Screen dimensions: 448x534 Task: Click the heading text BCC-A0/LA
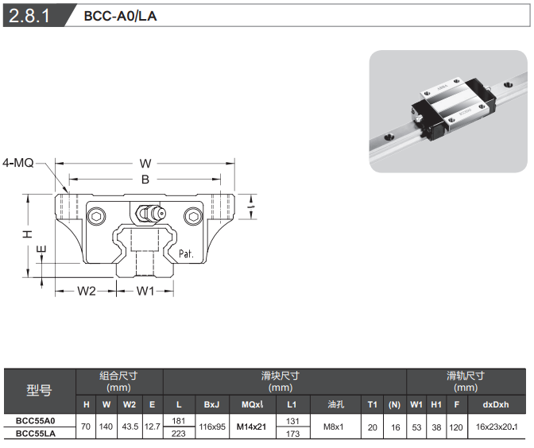(x=120, y=16)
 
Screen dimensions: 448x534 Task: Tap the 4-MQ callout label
(x=17, y=163)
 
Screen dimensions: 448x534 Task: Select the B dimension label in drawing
(x=145, y=180)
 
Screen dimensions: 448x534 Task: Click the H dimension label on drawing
(x=26, y=234)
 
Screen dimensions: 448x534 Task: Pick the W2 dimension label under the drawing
(x=86, y=291)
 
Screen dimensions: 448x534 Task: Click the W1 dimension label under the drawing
(x=145, y=291)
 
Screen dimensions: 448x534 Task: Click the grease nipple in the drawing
(x=149, y=214)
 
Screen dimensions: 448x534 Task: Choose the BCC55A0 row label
(x=36, y=420)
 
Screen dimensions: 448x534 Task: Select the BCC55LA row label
(x=36, y=434)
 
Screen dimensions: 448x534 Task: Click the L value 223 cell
(x=179, y=434)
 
